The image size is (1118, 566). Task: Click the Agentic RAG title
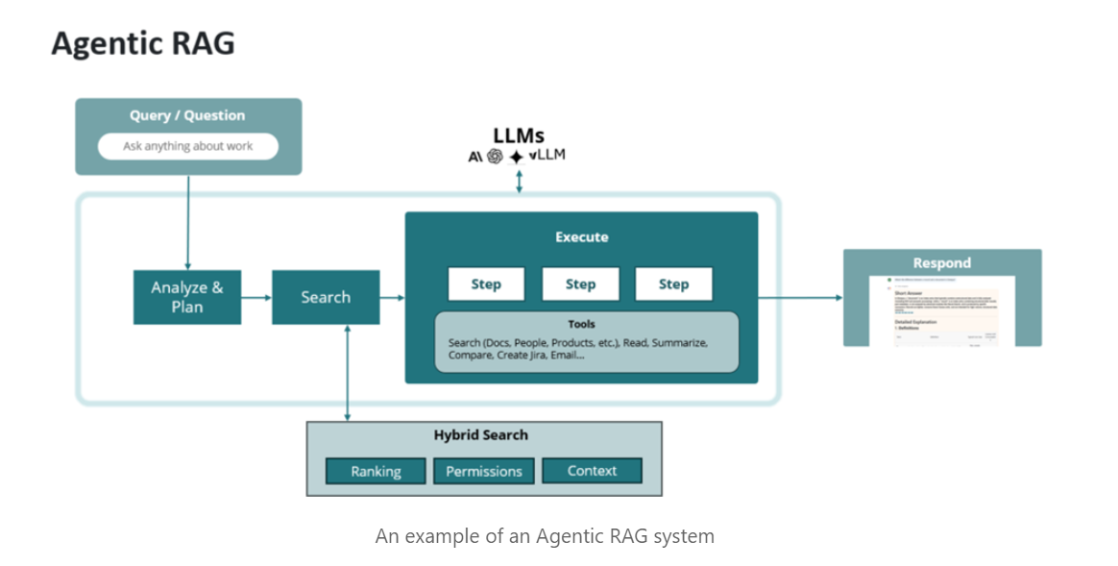click(x=142, y=43)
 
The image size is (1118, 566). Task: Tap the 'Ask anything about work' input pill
click(x=188, y=147)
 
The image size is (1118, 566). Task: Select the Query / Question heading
click(x=188, y=115)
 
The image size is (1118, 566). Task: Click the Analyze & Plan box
click(x=187, y=297)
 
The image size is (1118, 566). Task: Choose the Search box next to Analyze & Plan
click(x=326, y=297)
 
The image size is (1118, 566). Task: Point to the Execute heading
click(x=581, y=236)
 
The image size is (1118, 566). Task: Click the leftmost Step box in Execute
click(x=486, y=284)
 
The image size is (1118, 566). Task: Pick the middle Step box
click(x=580, y=284)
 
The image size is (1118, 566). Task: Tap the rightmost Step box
click(x=673, y=284)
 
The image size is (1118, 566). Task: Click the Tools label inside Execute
click(x=581, y=324)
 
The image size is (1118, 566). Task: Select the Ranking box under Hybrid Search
click(x=376, y=471)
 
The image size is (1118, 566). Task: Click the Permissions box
click(x=484, y=471)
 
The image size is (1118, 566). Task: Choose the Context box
click(x=592, y=471)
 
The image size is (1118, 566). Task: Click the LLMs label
click(x=519, y=136)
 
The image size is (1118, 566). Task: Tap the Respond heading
click(x=941, y=262)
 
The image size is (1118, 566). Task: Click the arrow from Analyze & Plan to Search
click(x=256, y=298)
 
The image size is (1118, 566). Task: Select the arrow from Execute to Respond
click(x=800, y=298)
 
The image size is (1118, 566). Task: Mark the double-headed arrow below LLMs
click(x=519, y=181)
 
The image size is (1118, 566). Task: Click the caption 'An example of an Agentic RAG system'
click(x=545, y=536)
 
